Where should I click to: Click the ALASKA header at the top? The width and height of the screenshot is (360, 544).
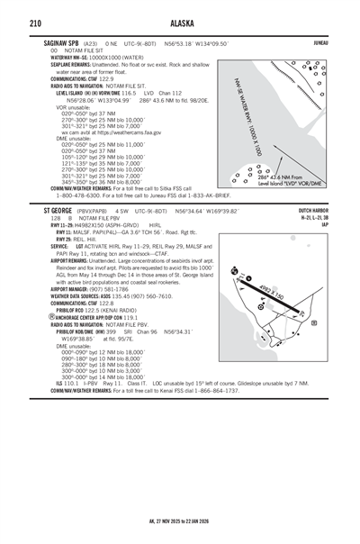pos(180,23)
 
